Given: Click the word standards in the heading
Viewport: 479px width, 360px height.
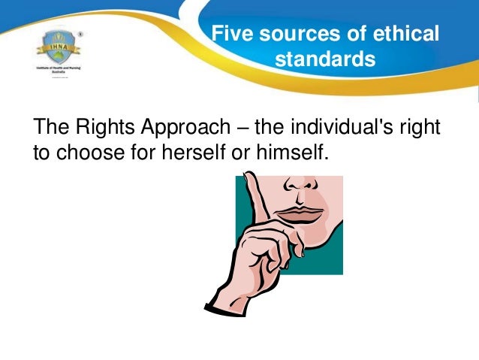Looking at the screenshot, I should click(324, 58).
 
